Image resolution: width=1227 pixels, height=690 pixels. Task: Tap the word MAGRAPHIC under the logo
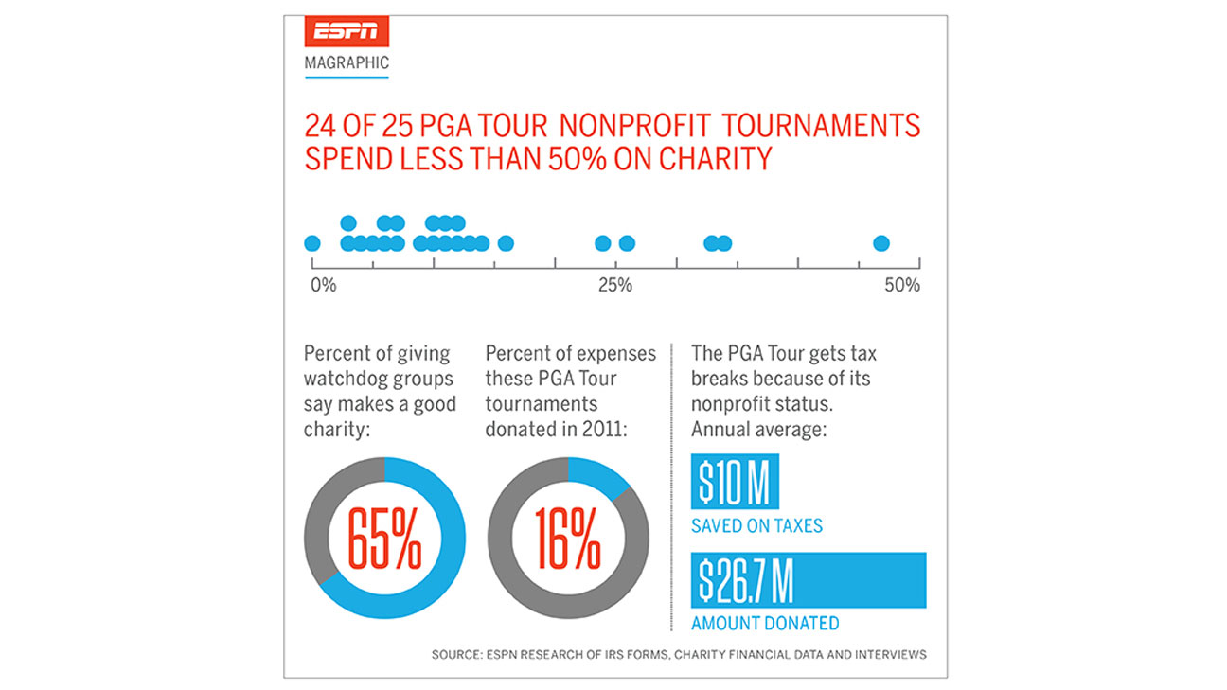[347, 64]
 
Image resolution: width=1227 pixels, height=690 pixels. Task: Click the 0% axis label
[324, 285]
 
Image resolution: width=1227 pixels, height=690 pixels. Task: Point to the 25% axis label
[615, 285]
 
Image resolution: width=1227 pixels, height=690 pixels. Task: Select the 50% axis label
[901, 285]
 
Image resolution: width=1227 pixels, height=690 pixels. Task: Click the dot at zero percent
[312, 244]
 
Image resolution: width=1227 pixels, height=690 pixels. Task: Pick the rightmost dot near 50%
[881, 244]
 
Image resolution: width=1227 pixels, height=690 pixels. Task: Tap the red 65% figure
[384, 539]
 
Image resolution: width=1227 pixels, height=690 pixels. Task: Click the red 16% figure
[567, 539]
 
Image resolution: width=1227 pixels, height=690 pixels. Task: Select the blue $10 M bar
[735, 485]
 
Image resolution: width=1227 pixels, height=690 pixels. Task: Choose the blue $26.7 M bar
[809, 580]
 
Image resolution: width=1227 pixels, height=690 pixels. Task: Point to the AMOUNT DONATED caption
[765, 624]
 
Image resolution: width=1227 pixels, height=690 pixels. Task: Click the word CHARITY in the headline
[716, 158]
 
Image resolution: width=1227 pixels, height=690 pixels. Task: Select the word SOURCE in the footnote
[453, 655]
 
